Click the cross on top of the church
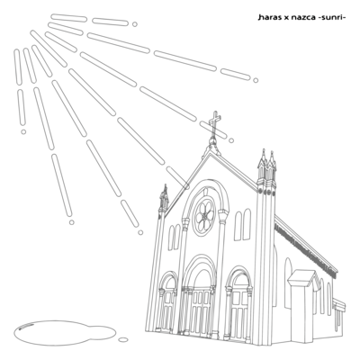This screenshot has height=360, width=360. tap(215, 123)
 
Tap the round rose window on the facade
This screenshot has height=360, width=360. tap(204, 215)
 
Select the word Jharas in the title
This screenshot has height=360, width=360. tap(269, 18)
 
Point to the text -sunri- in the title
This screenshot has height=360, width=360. tap(332, 18)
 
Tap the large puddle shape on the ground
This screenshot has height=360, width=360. tap(65, 332)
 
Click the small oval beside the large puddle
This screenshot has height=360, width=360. tap(123, 339)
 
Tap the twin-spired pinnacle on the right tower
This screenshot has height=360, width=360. tap(267, 168)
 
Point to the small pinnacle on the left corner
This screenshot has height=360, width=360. tap(164, 197)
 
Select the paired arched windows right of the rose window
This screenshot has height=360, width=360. tap(242, 224)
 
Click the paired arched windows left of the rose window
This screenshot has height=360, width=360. tap(174, 237)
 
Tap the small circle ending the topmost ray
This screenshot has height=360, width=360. tap(135, 24)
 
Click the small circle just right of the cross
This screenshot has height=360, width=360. tap(231, 140)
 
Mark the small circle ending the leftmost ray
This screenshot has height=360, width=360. tap(23, 131)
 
